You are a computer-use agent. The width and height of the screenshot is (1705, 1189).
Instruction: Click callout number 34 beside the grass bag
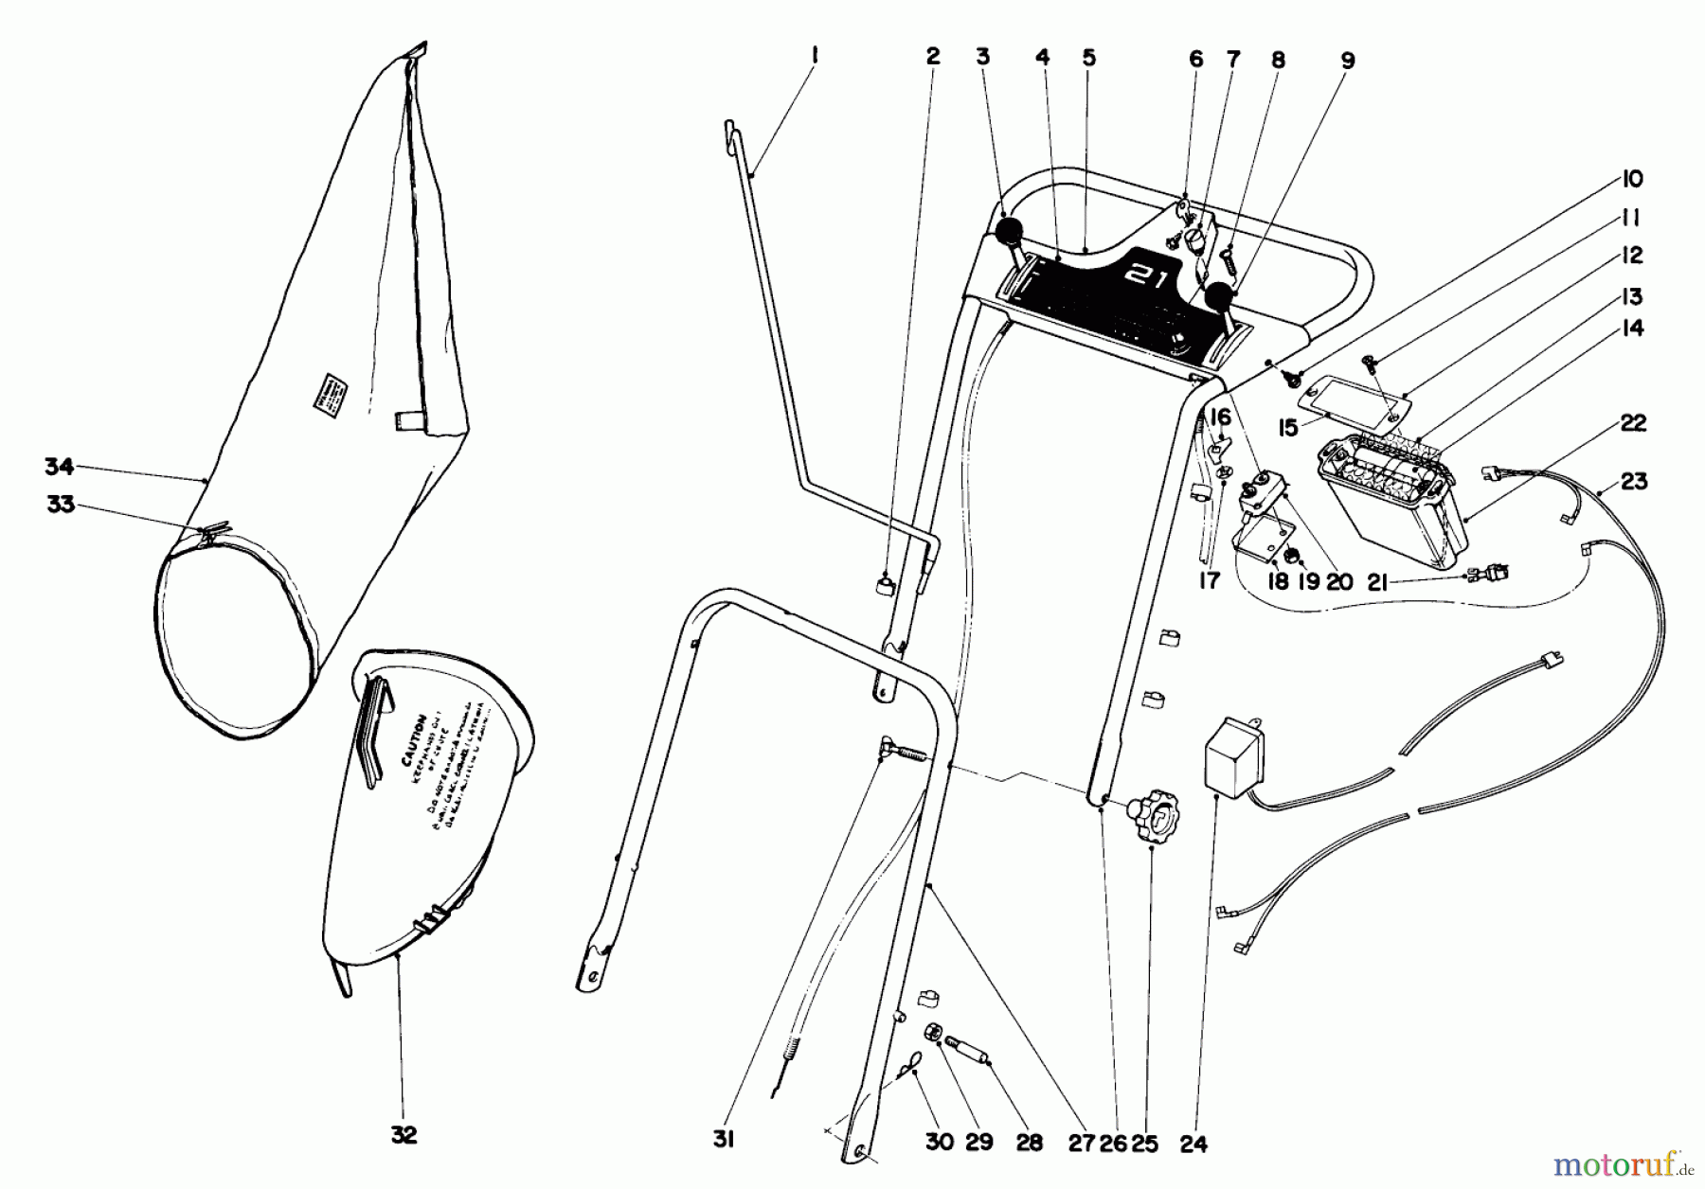click(x=59, y=466)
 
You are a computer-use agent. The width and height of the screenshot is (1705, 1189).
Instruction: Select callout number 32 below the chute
click(x=404, y=1135)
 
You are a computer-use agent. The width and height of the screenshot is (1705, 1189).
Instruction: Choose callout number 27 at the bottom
click(x=1082, y=1142)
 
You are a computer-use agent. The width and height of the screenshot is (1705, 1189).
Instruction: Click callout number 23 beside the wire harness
click(x=1633, y=482)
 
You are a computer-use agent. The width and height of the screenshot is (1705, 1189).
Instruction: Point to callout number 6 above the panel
click(x=1195, y=59)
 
